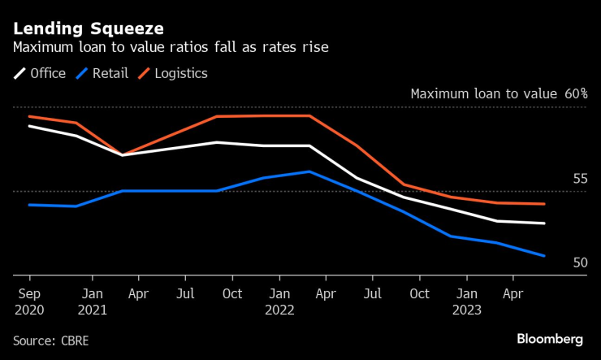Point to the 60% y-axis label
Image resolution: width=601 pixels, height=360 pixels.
pos(576,93)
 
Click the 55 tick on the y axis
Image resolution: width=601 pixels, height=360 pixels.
pos(580,178)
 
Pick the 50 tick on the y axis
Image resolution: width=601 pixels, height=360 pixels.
pos(580,262)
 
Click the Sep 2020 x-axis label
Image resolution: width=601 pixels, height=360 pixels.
pos(29,300)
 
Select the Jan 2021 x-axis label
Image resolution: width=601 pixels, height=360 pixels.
pos(92,300)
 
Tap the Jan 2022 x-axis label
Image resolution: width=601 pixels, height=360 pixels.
pos(279,300)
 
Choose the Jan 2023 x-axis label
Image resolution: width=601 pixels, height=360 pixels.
pos(466,300)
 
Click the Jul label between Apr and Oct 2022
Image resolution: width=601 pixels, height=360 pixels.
pos(373,293)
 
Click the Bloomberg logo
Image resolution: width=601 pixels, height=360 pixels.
pos(550,338)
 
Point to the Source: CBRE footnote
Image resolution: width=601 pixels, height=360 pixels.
pos(51,340)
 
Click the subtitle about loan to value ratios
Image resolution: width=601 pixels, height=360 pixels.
pos(171,48)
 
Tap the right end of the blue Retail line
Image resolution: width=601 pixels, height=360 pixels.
pos(544,256)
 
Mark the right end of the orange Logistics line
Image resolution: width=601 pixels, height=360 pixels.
pos(544,204)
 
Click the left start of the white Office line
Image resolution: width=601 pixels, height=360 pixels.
pos(29,126)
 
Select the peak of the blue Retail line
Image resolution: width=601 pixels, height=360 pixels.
pos(309,171)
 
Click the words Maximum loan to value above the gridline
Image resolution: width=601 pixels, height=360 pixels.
pos(483,93)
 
